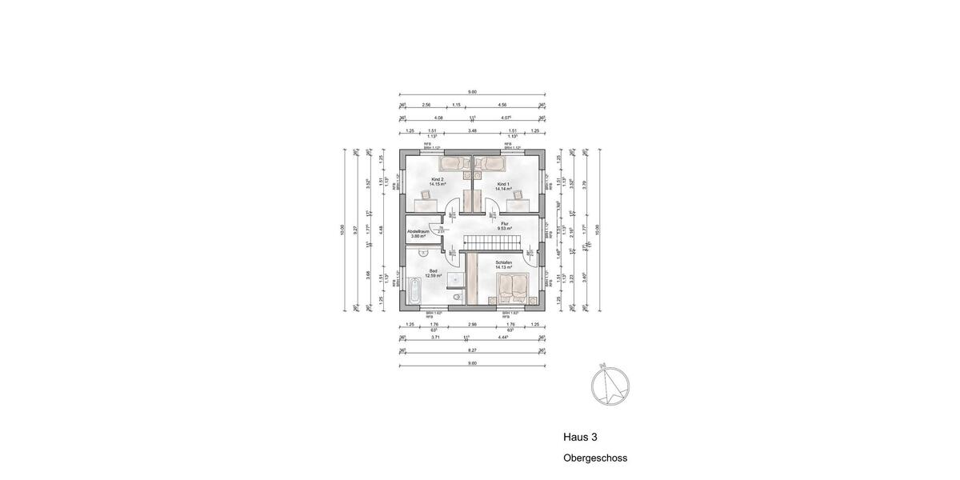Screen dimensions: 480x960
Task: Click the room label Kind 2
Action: (x=437, y=179)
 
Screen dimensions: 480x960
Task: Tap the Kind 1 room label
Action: (x=502, y=184)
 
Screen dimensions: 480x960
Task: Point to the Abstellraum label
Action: (x=418, y=231)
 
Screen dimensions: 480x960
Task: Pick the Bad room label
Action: (x=434, y=271)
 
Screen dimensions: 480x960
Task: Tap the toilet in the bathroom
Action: (x=456, y=298)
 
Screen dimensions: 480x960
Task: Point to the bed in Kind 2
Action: (x=456, y=163)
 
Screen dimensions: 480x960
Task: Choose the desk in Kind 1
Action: (x=517, y=203)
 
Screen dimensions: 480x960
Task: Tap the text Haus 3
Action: (x=580, y=438)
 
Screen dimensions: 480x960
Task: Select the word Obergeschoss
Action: (x=595, y=459)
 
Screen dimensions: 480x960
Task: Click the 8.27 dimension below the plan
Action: (x=472, y=350)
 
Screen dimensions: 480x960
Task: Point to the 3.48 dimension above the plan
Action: (x=473, y=130)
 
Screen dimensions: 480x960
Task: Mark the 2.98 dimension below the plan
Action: (x=473, y=325)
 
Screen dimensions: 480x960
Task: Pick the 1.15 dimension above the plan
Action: (x=456, y=105)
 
